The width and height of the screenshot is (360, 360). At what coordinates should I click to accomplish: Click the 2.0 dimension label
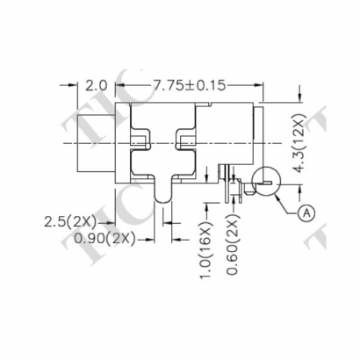click(x=97, y=86)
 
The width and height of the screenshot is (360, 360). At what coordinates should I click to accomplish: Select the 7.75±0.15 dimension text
click(x=190, y=86)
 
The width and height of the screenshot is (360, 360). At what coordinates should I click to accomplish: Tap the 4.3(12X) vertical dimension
click(x=299, y=142)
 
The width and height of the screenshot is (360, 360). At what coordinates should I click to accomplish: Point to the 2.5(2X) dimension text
click(x=70, y=222)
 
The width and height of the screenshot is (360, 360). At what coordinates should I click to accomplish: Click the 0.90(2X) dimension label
click(x=104, y=240)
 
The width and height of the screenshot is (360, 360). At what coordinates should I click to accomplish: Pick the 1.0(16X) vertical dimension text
click(x=206, y=251)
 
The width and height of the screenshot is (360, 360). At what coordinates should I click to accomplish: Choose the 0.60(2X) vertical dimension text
click(x=234, y=245)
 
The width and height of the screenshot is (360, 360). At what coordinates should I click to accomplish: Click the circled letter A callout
click(x=306, y=212)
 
